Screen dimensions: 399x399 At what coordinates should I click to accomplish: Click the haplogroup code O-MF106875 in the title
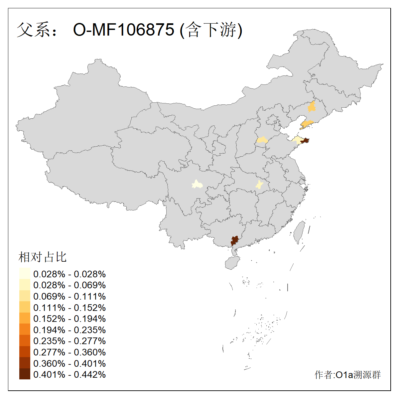[x=123, y=30]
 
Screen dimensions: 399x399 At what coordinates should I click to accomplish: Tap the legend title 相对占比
[x=43, y=257]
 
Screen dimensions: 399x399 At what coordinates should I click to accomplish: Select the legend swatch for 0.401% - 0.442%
[x=25, y=374]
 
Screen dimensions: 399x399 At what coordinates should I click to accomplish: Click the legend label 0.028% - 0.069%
[x=69, y=285]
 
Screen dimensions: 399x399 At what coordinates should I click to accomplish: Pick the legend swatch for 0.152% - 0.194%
[x=25, y=318]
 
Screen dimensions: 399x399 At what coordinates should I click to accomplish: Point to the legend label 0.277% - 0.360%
[x=69, y=352]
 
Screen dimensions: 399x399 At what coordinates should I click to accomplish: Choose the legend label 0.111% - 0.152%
[x=69, y=308]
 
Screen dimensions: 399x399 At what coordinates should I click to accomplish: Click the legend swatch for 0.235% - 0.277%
[x=25, y=340]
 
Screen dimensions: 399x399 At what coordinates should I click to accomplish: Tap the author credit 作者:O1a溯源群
[x=347, y=375]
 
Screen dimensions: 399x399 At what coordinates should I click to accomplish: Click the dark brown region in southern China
[x=235, y=240]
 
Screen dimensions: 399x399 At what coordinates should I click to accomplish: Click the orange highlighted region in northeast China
[x=312, y=107]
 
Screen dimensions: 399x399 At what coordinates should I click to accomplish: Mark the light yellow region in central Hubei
[x=259, y=185]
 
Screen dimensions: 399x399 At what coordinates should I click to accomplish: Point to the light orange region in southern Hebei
[x=262, y=140]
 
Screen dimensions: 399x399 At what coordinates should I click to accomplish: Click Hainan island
[x=232, y=263]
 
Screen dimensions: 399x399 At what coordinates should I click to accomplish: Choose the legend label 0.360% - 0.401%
[x=69, y=363]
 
